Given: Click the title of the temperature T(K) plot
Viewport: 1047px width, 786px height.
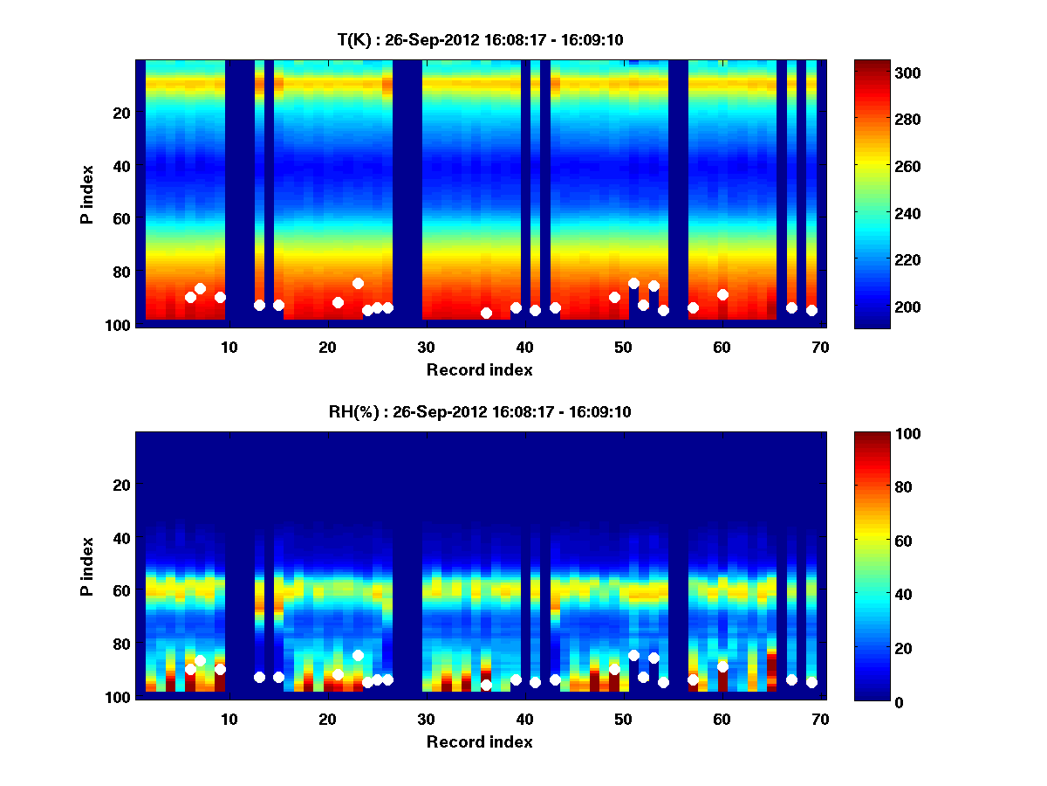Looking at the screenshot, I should coord(480,40).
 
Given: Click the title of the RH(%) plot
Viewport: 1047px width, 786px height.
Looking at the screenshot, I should coord(480,411).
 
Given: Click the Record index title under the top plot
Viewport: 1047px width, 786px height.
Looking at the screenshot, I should coord(480,370).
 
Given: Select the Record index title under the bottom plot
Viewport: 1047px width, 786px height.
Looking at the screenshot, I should coord(480,741).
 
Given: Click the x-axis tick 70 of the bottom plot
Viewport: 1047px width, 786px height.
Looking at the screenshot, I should coord(820,719).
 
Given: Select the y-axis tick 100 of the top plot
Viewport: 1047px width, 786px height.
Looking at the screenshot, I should coord(120,325).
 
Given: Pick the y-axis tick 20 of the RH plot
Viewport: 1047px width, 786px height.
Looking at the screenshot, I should coord(123,485).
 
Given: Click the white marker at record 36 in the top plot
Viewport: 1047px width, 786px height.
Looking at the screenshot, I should coord(486,313).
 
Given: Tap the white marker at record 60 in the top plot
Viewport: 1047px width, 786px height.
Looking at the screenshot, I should coord(722,294).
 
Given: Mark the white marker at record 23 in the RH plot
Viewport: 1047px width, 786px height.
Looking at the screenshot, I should coord(358,655).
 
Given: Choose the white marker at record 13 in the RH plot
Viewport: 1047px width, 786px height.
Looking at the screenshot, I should coord(259,677).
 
